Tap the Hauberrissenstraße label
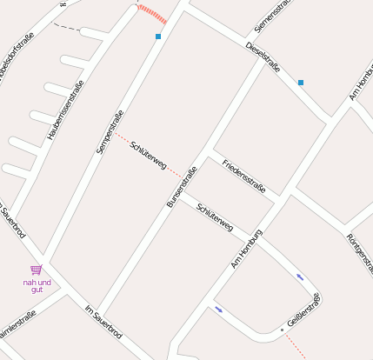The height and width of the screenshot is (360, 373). (x=66, y=110)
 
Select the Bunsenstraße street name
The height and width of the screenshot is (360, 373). (x=182, y=187)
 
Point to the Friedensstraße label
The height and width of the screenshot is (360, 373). (x=244, y=176)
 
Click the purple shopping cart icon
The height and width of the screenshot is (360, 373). (x=37, y=270)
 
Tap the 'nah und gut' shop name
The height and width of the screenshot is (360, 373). (x=37, y=285)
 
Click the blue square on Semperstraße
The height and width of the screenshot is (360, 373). (x=158, y=37)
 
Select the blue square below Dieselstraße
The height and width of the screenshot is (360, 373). (x=301, y=83)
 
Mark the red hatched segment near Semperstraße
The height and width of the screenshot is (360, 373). (x=152, y=14)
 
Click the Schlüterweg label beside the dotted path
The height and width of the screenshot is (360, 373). (x=148, y=154)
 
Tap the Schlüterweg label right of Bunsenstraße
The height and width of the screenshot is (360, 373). (x=215, y=217)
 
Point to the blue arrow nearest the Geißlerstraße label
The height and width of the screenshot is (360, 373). (x=300, y=277)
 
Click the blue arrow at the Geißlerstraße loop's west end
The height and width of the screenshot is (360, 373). (x=219, y=309)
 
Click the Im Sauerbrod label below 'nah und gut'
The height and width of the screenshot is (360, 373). (x=103, y=322)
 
